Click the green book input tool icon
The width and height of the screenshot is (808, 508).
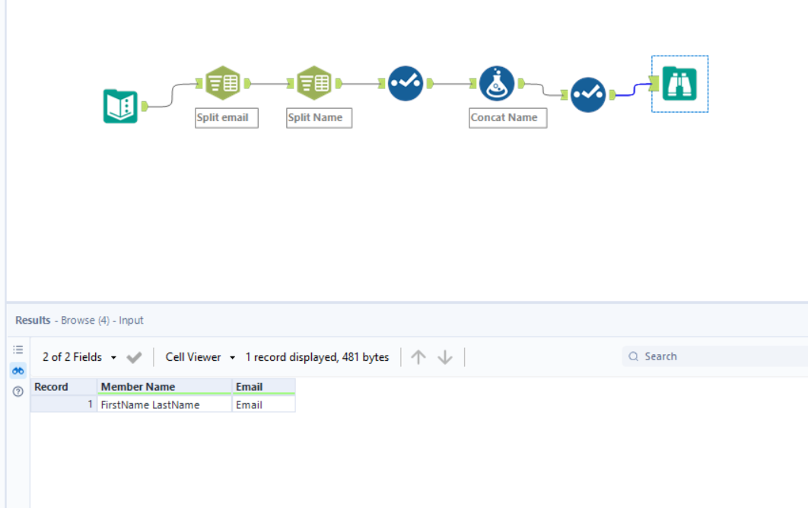(120, 106)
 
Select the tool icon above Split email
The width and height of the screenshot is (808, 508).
(223, 84)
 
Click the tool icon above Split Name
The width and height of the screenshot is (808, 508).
(314, 84)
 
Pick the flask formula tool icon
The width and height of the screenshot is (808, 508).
(497, 84)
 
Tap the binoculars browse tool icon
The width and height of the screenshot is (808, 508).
(679, 84)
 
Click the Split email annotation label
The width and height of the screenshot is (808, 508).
(226, 118)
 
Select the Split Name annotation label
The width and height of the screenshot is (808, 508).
(319, 118)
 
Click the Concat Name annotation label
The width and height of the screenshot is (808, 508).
(507, 118)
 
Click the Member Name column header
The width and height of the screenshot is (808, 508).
(164, 387)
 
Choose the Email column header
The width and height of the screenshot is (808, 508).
(263, 387)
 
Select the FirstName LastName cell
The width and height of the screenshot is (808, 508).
(164, 405)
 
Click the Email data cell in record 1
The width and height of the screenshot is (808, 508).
(263, 405)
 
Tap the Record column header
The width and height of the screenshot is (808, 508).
(63, 387)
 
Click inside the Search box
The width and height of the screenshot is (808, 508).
(715, 356)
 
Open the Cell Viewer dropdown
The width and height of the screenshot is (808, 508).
(200, 357)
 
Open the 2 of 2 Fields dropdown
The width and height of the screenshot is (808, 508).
(79, 357)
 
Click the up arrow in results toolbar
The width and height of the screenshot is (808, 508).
(418, 357)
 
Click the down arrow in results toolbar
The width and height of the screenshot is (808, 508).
(445, 357)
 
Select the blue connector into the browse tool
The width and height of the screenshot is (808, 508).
(633, 91)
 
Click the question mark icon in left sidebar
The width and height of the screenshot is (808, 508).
(18, 391)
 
